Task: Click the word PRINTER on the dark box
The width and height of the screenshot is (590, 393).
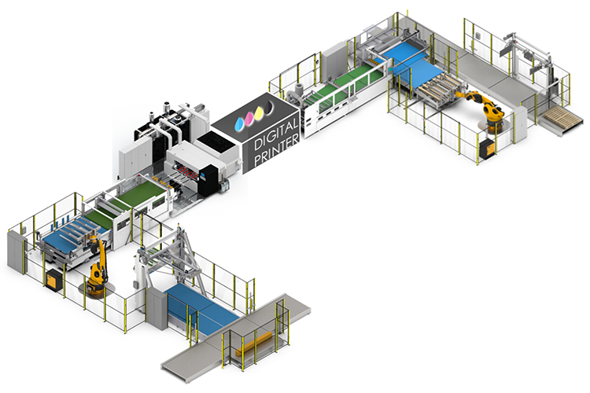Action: click(277, 149)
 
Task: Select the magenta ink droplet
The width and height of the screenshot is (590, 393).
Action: click(249, 119)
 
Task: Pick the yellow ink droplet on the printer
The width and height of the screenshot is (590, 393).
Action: click(259, 112)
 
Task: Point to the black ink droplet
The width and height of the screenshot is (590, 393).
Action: click(269, 107)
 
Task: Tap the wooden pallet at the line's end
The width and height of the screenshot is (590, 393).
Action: click(562, 116)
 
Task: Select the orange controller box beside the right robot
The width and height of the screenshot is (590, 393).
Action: click(487, 148)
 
